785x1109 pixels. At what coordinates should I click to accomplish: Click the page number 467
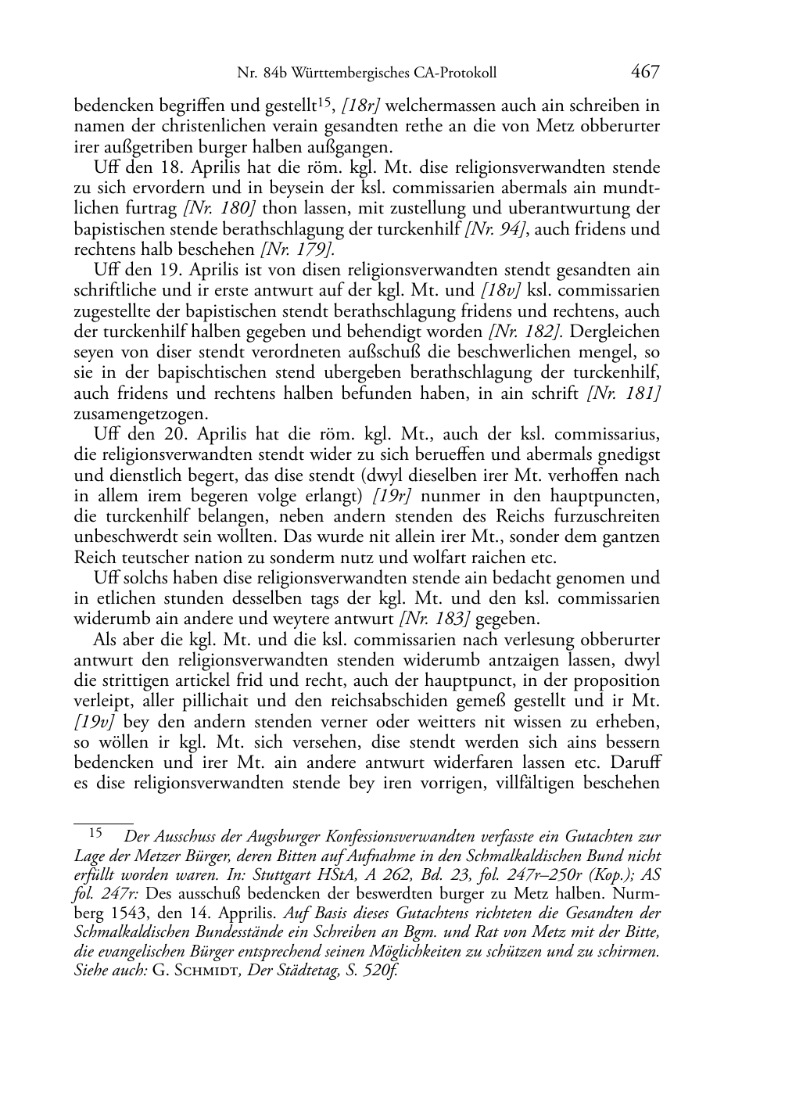click(x=645, y=72)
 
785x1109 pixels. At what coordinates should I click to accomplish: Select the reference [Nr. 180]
click(x=220, y=209)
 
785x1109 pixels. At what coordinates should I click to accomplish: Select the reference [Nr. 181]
click(x=624, y=393)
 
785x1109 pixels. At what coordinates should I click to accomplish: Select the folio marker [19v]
click(x=94, y=721)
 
